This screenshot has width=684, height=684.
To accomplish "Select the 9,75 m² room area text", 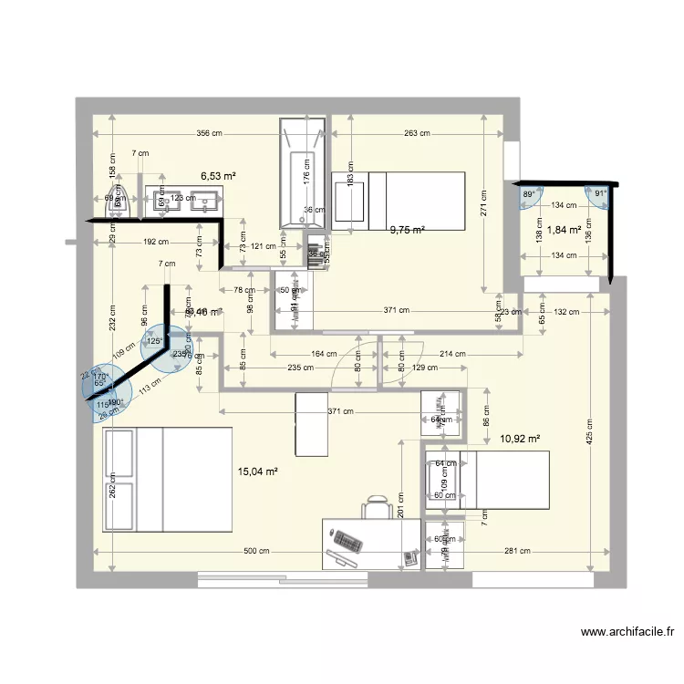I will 408,231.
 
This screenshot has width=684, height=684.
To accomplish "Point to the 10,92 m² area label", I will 520,439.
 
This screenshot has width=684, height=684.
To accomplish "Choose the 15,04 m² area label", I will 257,472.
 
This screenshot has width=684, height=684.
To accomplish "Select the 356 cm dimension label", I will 210,134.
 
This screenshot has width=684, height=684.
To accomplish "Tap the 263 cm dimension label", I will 417,134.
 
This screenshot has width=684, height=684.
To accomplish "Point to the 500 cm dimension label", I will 256,551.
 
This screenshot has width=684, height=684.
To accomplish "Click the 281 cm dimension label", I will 517,551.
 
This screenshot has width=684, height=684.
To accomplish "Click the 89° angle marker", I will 529,194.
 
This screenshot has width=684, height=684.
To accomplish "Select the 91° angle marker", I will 600,194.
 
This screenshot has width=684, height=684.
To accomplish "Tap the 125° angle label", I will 155,341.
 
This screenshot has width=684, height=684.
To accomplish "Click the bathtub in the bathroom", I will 301,172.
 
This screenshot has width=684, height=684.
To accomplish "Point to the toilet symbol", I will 119,205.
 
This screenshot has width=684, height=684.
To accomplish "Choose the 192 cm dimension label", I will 155,243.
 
